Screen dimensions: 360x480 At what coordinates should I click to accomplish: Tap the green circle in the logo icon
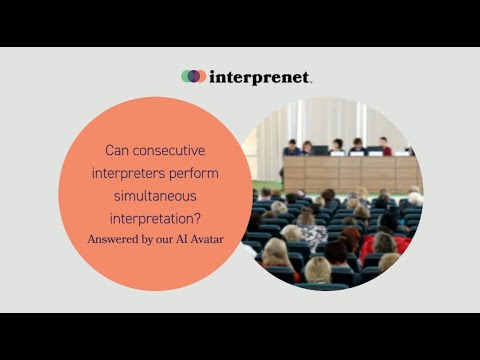tap(187, 76)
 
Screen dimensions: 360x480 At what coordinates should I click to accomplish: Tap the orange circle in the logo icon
tap(200, 76)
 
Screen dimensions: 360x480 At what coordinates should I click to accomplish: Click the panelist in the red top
tap(384, 146)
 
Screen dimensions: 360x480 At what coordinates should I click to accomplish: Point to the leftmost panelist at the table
tap(292, 147)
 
